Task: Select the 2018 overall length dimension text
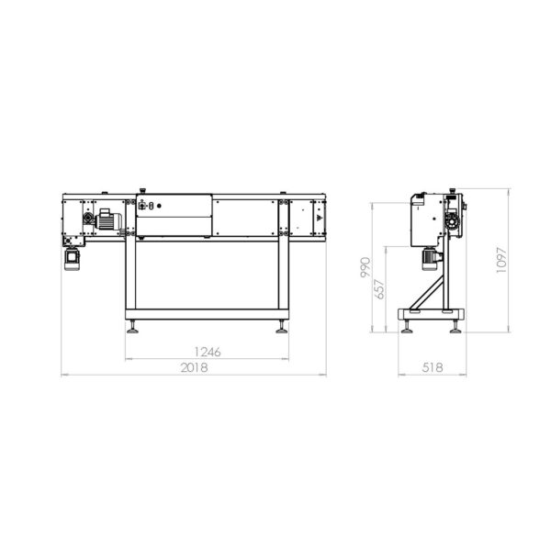(x=193, y=366)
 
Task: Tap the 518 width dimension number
(x=432, y=366)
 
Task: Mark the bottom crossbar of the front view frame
(x=205, y=312)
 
